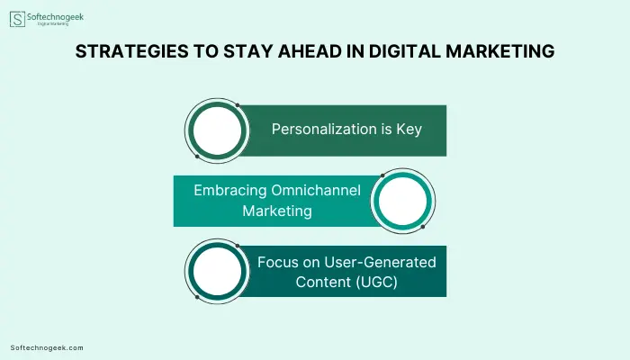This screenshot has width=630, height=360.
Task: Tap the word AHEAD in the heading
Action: [310, 51]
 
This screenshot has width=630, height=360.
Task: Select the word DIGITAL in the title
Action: [405, 51]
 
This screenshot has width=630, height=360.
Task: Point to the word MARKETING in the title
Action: [500, 51]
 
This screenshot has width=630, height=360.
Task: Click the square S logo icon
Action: [17, 19]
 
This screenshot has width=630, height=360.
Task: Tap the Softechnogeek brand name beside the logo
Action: [56, 17]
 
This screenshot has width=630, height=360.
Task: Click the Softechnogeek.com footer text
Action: [47, 348]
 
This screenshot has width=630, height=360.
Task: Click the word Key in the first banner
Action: [409, 130]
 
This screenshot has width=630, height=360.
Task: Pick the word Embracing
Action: [230, 191]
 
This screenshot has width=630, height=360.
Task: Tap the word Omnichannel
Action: [316, 190]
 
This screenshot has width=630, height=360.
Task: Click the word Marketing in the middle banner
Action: [277, 211]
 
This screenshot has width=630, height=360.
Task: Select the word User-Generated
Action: [380, 263]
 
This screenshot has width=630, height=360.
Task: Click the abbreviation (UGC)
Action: [376, 282]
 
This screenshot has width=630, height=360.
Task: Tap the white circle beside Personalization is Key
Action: [218, 131]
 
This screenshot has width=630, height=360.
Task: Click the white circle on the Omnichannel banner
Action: [402, 201]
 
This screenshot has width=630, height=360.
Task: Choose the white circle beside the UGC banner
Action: [218, 271]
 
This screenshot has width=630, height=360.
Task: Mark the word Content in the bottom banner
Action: [323, 282]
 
